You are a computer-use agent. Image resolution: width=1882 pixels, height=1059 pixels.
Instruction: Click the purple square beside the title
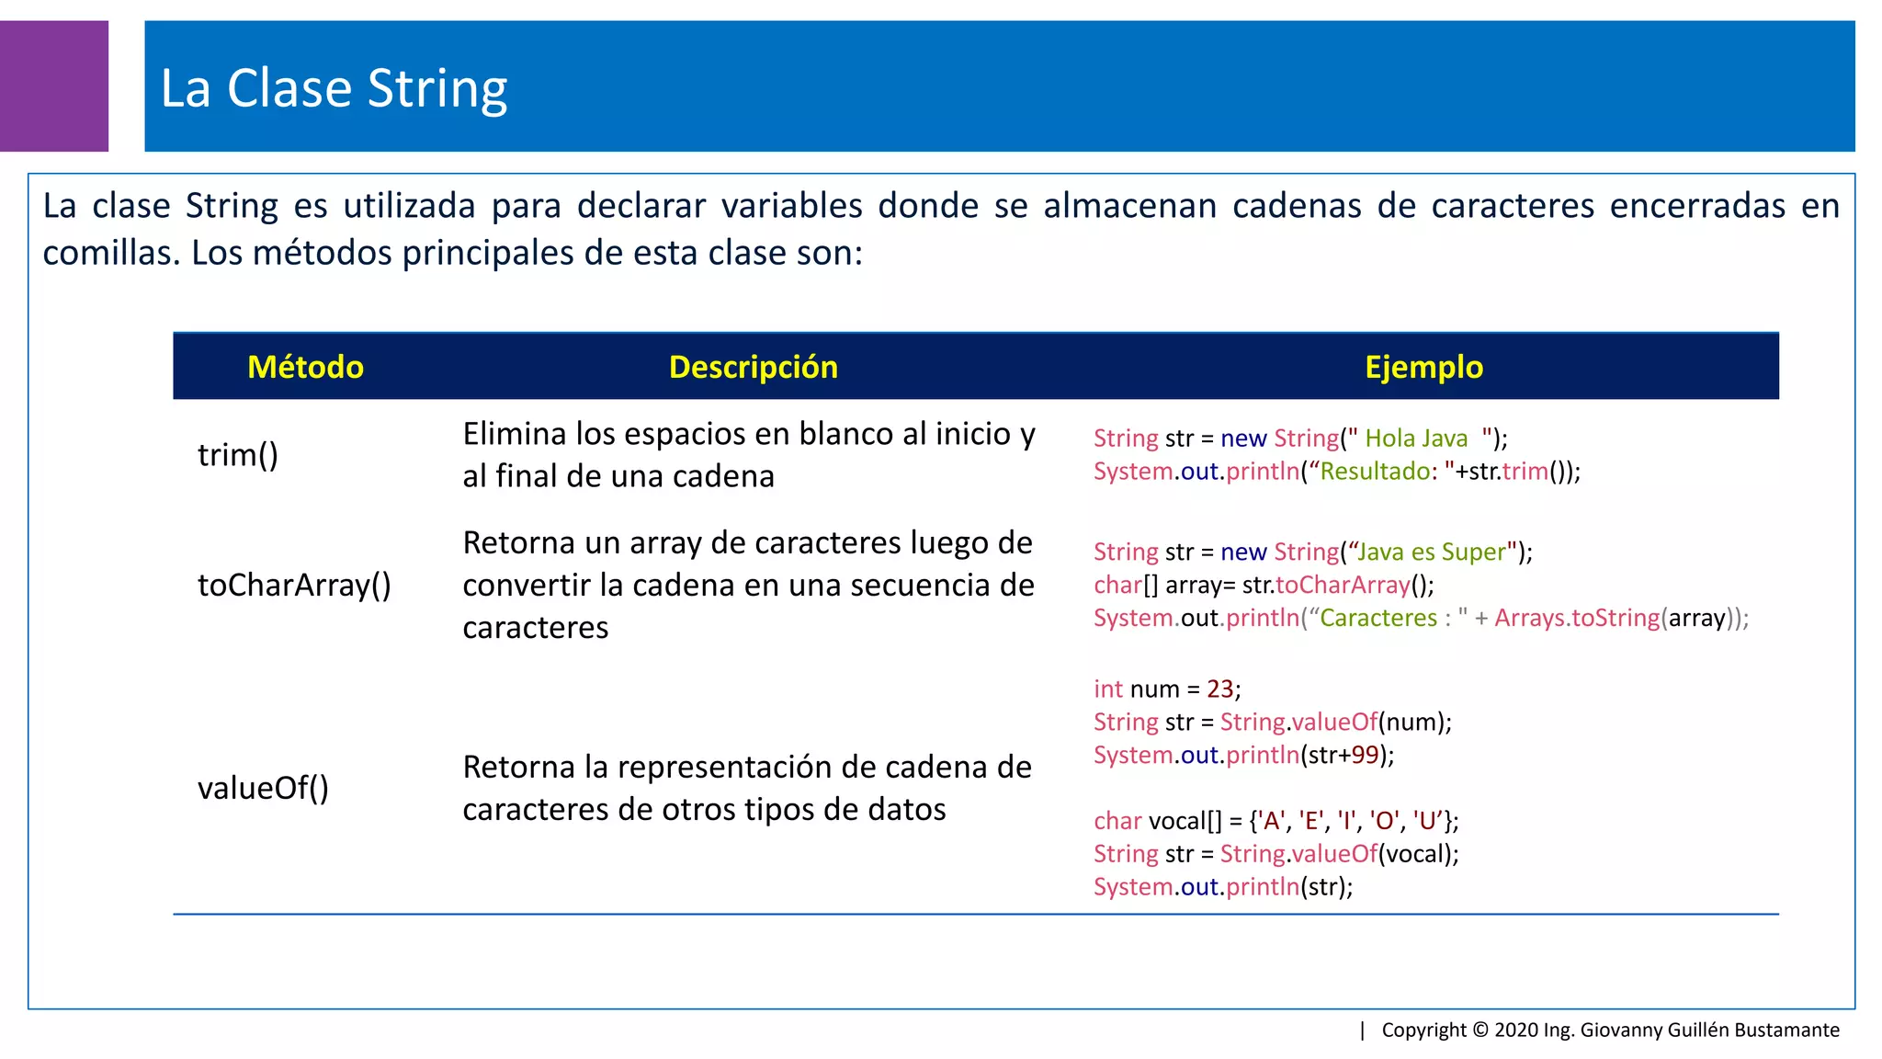pos(53,85)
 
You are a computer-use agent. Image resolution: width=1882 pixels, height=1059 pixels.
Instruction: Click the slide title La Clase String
pos(334,88)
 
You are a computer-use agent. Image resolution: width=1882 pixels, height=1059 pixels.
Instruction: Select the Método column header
pos(305,367)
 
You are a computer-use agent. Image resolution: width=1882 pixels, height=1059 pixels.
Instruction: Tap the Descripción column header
pos(753,367)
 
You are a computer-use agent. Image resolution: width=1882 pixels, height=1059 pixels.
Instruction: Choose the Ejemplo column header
pos(1423,367)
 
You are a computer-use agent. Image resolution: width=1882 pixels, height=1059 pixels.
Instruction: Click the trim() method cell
pos(237,455)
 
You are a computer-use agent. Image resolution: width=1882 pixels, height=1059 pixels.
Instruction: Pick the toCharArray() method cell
pos(294,585)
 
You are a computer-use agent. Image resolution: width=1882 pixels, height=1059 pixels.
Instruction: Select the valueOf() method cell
pos(263,788)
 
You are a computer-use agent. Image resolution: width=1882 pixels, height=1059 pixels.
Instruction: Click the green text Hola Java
pos(1416,438)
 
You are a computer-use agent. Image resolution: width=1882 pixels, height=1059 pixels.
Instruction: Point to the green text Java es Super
pos(1432,552)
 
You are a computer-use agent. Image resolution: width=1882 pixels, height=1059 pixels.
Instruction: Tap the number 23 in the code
pos(1219,689)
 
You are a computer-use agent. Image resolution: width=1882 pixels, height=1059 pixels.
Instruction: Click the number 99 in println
pos(1365,755)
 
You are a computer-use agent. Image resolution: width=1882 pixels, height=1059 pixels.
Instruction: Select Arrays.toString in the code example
pos(1576,618)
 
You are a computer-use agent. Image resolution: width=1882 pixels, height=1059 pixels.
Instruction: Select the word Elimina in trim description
pos(514,434)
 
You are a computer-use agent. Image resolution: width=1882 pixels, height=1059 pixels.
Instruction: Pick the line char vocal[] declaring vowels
pos(1275,820)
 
